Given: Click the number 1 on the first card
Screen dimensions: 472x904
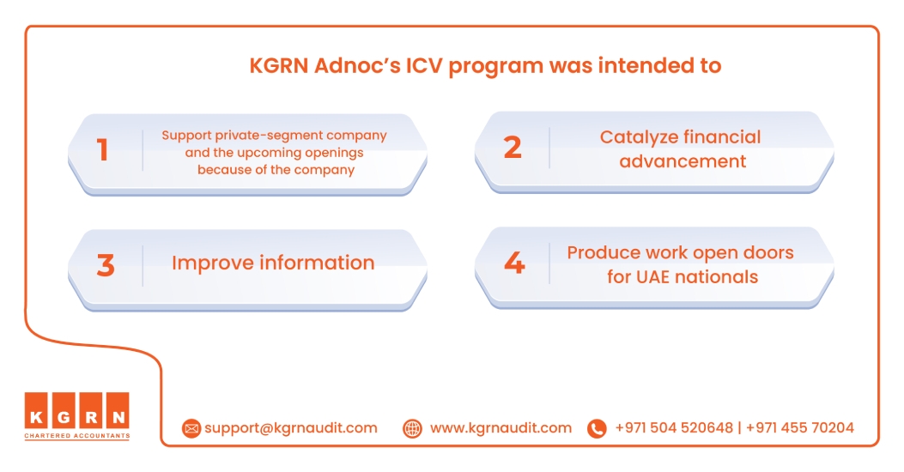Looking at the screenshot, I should click(103, 150).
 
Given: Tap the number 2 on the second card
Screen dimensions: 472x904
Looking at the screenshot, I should click(513, 148).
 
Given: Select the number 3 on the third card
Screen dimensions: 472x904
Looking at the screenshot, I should click(106, 265).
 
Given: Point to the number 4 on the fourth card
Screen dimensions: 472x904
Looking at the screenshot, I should click(514, 263).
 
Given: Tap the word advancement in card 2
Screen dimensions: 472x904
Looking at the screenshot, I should click(683, 161).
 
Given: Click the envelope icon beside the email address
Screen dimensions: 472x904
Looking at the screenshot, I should click(191, 428).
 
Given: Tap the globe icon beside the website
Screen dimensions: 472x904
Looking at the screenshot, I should click(412, 428).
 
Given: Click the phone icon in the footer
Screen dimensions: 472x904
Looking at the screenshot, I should click(597, 428).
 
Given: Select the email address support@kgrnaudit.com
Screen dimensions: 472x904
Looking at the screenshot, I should click(290, 428).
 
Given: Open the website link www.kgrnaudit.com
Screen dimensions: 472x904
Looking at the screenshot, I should click(501, 428).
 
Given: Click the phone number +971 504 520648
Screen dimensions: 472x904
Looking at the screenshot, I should click(674, 428).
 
